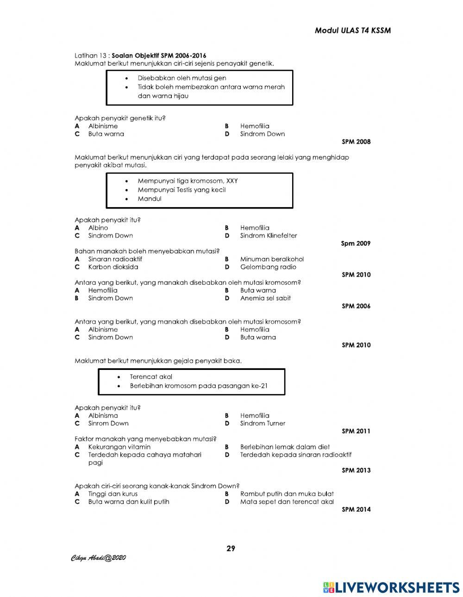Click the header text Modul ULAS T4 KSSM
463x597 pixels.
click(x=352, y=31)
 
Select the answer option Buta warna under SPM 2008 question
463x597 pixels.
click(x=106, y=134)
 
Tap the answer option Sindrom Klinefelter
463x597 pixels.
click(x=268, y=236)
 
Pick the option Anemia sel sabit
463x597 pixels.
click(x=265, y=298)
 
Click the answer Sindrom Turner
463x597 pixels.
click(x=263, y=424)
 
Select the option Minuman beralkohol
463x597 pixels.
click(x=272, y=259)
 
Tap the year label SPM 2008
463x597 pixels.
click(x=356, y=142)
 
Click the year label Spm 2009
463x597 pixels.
click(x=356, y=244)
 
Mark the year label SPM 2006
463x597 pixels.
click(x=356, y=306)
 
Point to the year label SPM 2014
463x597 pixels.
click(x=356, y=510)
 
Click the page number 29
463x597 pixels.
click(x=231, y=549)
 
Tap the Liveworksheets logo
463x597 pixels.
click(x=391, y=587)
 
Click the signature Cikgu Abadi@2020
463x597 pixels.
click(x=98, y=558)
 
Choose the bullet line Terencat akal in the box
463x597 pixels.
click(x=151, y=377)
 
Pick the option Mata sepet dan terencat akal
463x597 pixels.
click(x=287, y=502)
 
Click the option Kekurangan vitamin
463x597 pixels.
click(x=119, y=447)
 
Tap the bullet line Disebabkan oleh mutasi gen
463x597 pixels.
click(x=181, y=78)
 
